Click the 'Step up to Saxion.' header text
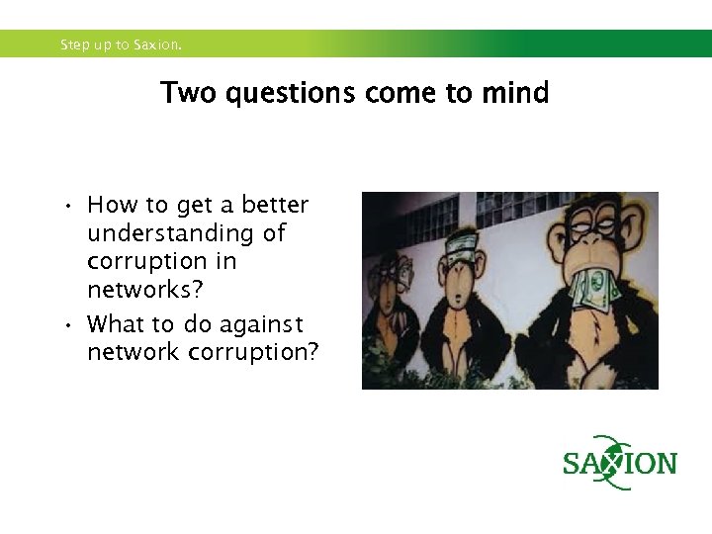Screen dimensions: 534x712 [121, 44]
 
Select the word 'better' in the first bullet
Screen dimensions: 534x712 [275, 205]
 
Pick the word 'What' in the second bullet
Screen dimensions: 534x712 [114, 324]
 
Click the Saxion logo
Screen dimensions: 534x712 [619, 463]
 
